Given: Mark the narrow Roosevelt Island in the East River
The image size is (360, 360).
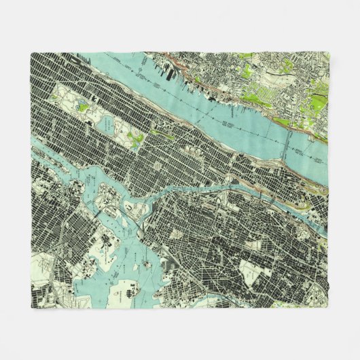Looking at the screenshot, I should click(x=51, y=170).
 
